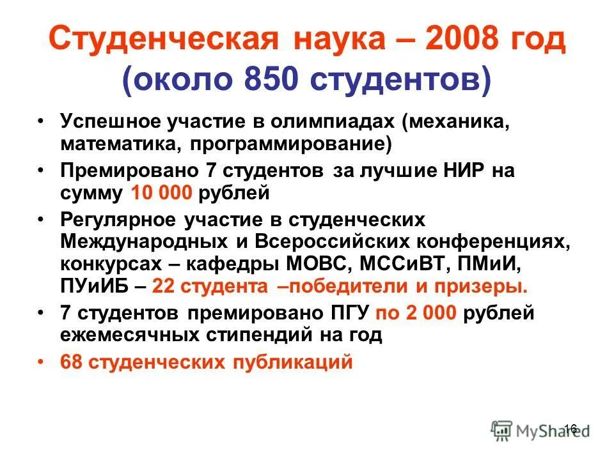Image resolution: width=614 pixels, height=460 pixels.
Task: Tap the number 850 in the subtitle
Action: pos(262,82)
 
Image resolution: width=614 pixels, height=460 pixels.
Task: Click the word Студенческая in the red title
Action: pos(163,42)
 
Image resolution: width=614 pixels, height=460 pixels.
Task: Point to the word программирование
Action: pos(288,144)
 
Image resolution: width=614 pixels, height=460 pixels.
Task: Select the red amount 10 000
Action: pos(161,192)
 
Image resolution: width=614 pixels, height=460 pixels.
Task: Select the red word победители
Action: pos(348,286)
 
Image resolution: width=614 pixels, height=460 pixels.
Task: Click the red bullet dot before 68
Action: pos(42,362)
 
